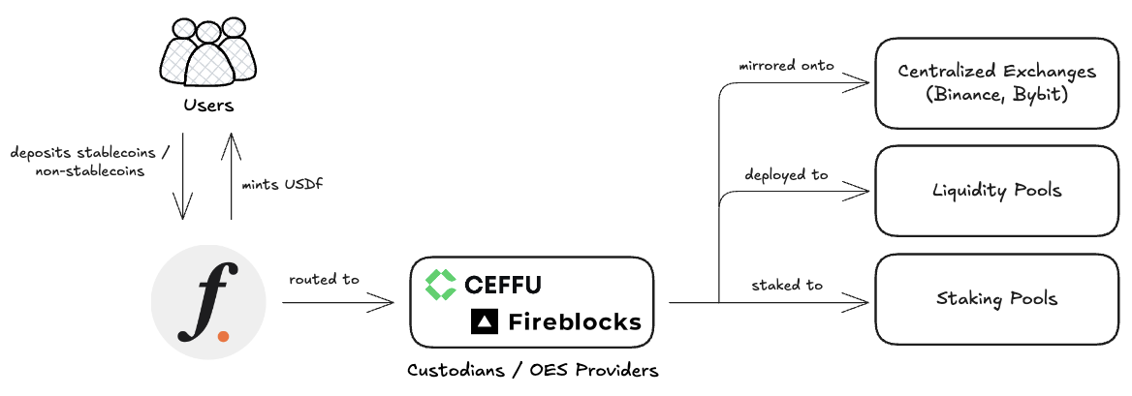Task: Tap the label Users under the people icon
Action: tap(208, 104)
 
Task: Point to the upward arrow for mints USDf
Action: tap(232, 178)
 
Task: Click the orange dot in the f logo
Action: tap(224, 335)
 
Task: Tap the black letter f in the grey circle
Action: tap(202, 303)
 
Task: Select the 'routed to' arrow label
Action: tap(324, 280)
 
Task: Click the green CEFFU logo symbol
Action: tap(441, 284)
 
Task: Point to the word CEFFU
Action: tap(502, 285)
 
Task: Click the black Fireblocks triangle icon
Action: tap(484, 321)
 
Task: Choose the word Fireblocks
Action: tap(575, 321)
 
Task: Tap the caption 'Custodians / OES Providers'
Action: tap(532, 371)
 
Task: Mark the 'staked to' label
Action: tap(786, 285)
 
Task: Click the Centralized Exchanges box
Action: tap(995, 83)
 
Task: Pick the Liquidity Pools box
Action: tap(995, 190)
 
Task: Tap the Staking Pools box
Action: tap(995, 297)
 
